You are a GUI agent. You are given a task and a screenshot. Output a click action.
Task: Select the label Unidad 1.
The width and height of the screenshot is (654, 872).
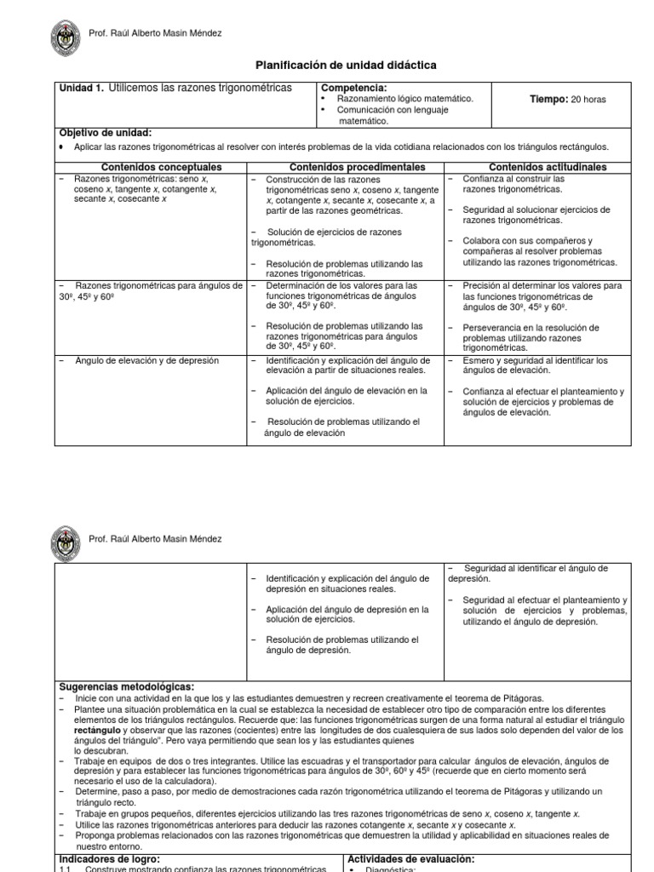(x=82, y=88)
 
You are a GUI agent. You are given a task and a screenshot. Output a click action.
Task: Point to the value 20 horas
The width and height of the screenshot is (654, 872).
(x=588, y=100)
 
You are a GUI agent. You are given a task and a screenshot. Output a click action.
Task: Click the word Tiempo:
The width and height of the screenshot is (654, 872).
(x=548, y=100)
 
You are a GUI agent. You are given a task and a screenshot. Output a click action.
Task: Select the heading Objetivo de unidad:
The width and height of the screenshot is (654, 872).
(x=106, y=133)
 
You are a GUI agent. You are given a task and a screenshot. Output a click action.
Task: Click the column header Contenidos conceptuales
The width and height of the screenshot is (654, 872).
(x=162, y=167)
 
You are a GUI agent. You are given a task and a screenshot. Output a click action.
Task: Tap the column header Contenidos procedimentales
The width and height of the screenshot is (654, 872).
(x=357, y=167)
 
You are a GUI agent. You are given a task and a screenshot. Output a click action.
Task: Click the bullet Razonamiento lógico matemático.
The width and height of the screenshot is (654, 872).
(x=405, y=99)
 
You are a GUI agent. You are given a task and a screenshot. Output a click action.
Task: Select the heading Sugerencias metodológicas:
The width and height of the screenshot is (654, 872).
(x=127, y=686)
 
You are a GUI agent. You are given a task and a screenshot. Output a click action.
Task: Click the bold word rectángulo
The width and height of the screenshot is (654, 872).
(x=98, y=731)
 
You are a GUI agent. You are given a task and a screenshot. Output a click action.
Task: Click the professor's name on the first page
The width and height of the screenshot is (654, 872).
(x=155, y=33)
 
